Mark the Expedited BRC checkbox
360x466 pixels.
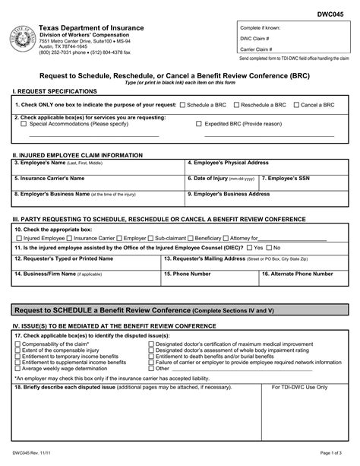click(x=199, y=123)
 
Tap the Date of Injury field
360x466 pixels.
click(x=221, y=185)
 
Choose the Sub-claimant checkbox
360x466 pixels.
click(x=152, y=238)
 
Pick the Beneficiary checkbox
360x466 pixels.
click(x=190, y=238)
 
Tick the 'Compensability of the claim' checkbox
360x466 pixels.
click(x=18, y=344)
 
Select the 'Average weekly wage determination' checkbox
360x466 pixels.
click(x=18, y=369)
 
